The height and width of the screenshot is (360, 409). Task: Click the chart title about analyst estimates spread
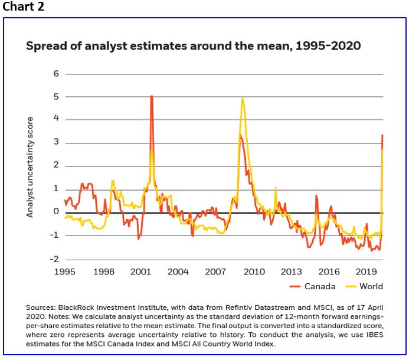pyautogui.click(x=193, y=46)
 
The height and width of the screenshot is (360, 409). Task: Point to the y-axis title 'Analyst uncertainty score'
pyautogui.click(x=30, y=167)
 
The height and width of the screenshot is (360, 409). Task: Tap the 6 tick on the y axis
pyautogui.click(x=56, y=74)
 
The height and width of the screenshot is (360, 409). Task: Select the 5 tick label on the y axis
pyautogui.click(x=56, y=97)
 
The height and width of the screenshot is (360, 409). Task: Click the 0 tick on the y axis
pyautogui.click(x=56, y=212)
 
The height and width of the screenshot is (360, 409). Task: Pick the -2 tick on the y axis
pyautogui.click(x=54, y=258)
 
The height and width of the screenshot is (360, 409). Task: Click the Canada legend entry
pyautogui.click(x=319, y=287)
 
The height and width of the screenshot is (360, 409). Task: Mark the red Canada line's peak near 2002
pyautogui.click(x=152, y=96)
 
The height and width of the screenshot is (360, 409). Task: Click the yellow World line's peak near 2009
pyautogui.click(x=243, y=99)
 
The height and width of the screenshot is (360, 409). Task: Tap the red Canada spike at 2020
pyautogui.click(x=382, y=136)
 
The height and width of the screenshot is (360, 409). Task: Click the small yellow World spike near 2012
pyautogui.click(x=275, y=188)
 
